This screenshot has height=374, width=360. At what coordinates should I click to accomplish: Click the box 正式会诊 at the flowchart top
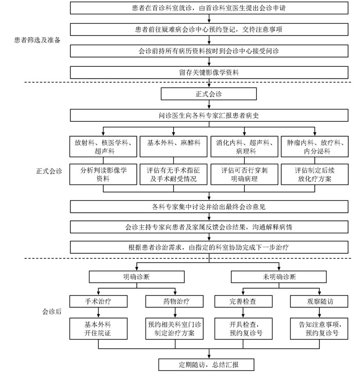pyautogui.click(x=209, y=95)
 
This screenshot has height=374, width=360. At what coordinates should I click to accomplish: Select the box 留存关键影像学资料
pyautogui.click(x=209, y=72)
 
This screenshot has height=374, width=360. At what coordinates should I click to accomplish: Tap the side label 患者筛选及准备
pyautogui.click(x=37, y=40)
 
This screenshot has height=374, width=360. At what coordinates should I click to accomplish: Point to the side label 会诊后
pyautogui.click(x=51, y=311)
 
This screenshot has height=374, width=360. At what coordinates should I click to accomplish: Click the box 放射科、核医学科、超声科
pyautogui.click(x=103, y=147)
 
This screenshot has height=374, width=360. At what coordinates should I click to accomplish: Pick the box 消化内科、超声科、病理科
pyautogui.click(x=244, y=147)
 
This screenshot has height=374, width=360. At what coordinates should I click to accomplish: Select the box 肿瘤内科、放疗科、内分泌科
pyautogui.click(x=314, y=147)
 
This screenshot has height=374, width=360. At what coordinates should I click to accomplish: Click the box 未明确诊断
pyautogui.click(x=279, y=276)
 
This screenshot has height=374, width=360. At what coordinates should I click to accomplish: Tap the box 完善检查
pyautogui.click(x=244, y=301)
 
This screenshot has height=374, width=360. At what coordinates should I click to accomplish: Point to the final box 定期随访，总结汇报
pyautogui.click(x=209, y=365)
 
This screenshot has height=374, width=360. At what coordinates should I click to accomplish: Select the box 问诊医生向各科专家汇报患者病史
pyautogui.click(x=209, y=116)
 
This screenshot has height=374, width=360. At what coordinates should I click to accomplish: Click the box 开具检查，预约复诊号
pyautogui.click(x=244, y=329)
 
